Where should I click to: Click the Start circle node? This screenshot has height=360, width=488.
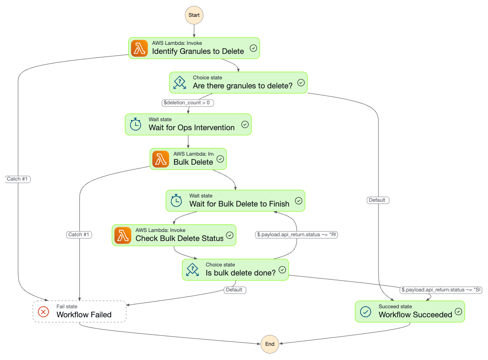(194, 15)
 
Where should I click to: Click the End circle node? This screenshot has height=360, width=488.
(270, 344)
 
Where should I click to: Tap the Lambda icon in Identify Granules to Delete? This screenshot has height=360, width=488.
(139, 48)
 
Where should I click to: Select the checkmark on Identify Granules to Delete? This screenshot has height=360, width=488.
(253, 48)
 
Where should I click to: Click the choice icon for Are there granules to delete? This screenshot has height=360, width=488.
(180, 82)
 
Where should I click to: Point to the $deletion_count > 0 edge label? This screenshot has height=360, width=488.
(188, 103)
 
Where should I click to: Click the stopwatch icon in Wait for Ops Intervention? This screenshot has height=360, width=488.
(136, 124)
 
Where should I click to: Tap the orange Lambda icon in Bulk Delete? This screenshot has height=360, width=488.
(160, 159)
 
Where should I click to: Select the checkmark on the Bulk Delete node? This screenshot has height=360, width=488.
(220, 159)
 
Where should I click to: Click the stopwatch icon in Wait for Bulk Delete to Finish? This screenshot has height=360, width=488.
(176, 201)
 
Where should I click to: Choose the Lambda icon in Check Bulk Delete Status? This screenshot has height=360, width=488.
(123, 235)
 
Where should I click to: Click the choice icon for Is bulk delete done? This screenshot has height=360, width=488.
(193, 270)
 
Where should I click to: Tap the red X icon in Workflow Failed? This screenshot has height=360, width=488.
(44, 311)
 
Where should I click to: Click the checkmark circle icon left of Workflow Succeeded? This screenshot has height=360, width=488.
(365, 311)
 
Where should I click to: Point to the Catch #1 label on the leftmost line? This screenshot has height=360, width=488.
(18, 179)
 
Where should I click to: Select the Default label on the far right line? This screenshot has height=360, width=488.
(378, 200)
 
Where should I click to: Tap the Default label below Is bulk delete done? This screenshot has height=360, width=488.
(235, 290)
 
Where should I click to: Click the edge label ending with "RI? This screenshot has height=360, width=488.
(296, 235)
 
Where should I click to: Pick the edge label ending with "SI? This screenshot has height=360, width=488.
(441, 290)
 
